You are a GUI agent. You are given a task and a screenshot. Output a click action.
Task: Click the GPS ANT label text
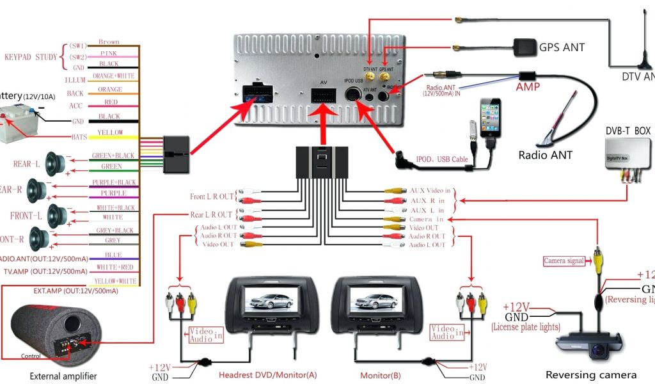click(x=562, y=47)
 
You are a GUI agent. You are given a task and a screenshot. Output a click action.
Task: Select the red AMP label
click(x=528, y=87)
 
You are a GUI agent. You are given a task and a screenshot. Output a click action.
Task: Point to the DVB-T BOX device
click(x=626, y=157)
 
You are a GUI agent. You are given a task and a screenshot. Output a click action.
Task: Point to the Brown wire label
click(x=109, y=42)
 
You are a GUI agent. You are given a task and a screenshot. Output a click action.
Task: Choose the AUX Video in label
click(x=430, y=191)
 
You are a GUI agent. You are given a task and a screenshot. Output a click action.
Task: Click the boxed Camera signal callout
click(x=564, y=261)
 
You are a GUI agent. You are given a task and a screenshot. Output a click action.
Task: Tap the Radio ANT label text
click(x=545, y=155)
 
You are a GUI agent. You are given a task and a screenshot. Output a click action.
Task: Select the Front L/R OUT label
click(x=212, y=196)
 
